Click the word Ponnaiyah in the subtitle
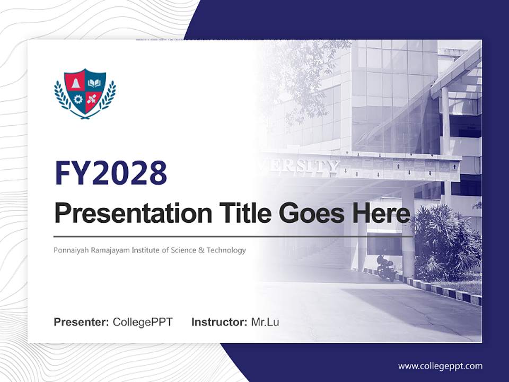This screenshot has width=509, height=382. (x=69, y=250)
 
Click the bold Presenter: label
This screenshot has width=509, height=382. (x=82, y=322)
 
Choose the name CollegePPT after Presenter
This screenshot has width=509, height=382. (x=143, y=322)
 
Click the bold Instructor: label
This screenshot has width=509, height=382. (x=219, y=322)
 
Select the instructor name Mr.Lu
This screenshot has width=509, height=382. (x=265, y=322)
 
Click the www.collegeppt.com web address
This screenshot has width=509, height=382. (x=440, y=366)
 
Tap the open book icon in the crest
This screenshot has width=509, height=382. (x=94, y=83)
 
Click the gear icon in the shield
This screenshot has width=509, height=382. (x=78, y=99)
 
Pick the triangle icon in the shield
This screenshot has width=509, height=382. (x=76, y=83)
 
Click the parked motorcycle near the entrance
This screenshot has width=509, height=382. (x=387, y=268)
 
